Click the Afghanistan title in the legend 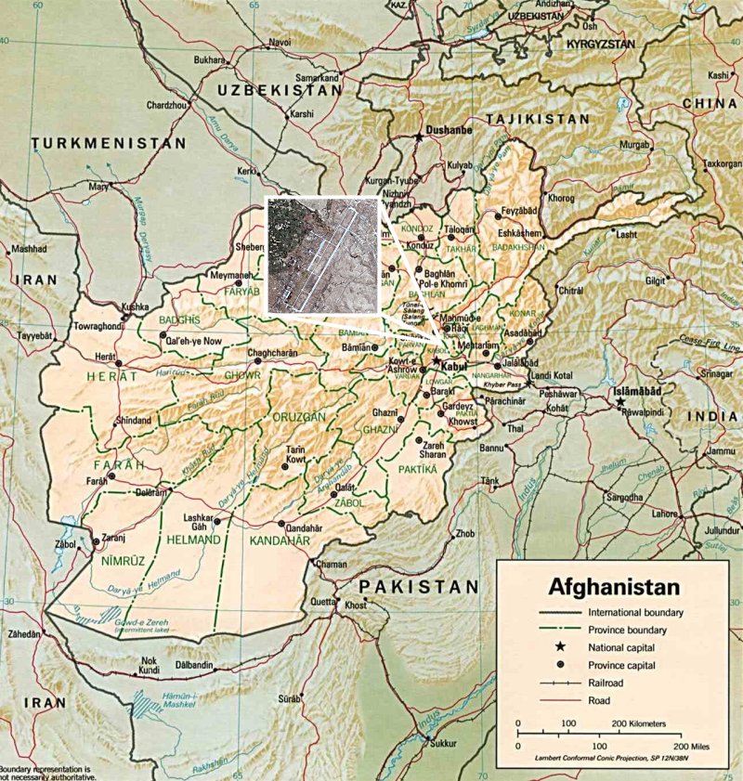point(614,587)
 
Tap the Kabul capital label point(451,367)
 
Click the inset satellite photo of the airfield point(321,254)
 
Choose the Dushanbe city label point(449,132)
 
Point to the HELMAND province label point(192,540)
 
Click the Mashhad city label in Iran point(31,250)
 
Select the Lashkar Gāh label point(200,520)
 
